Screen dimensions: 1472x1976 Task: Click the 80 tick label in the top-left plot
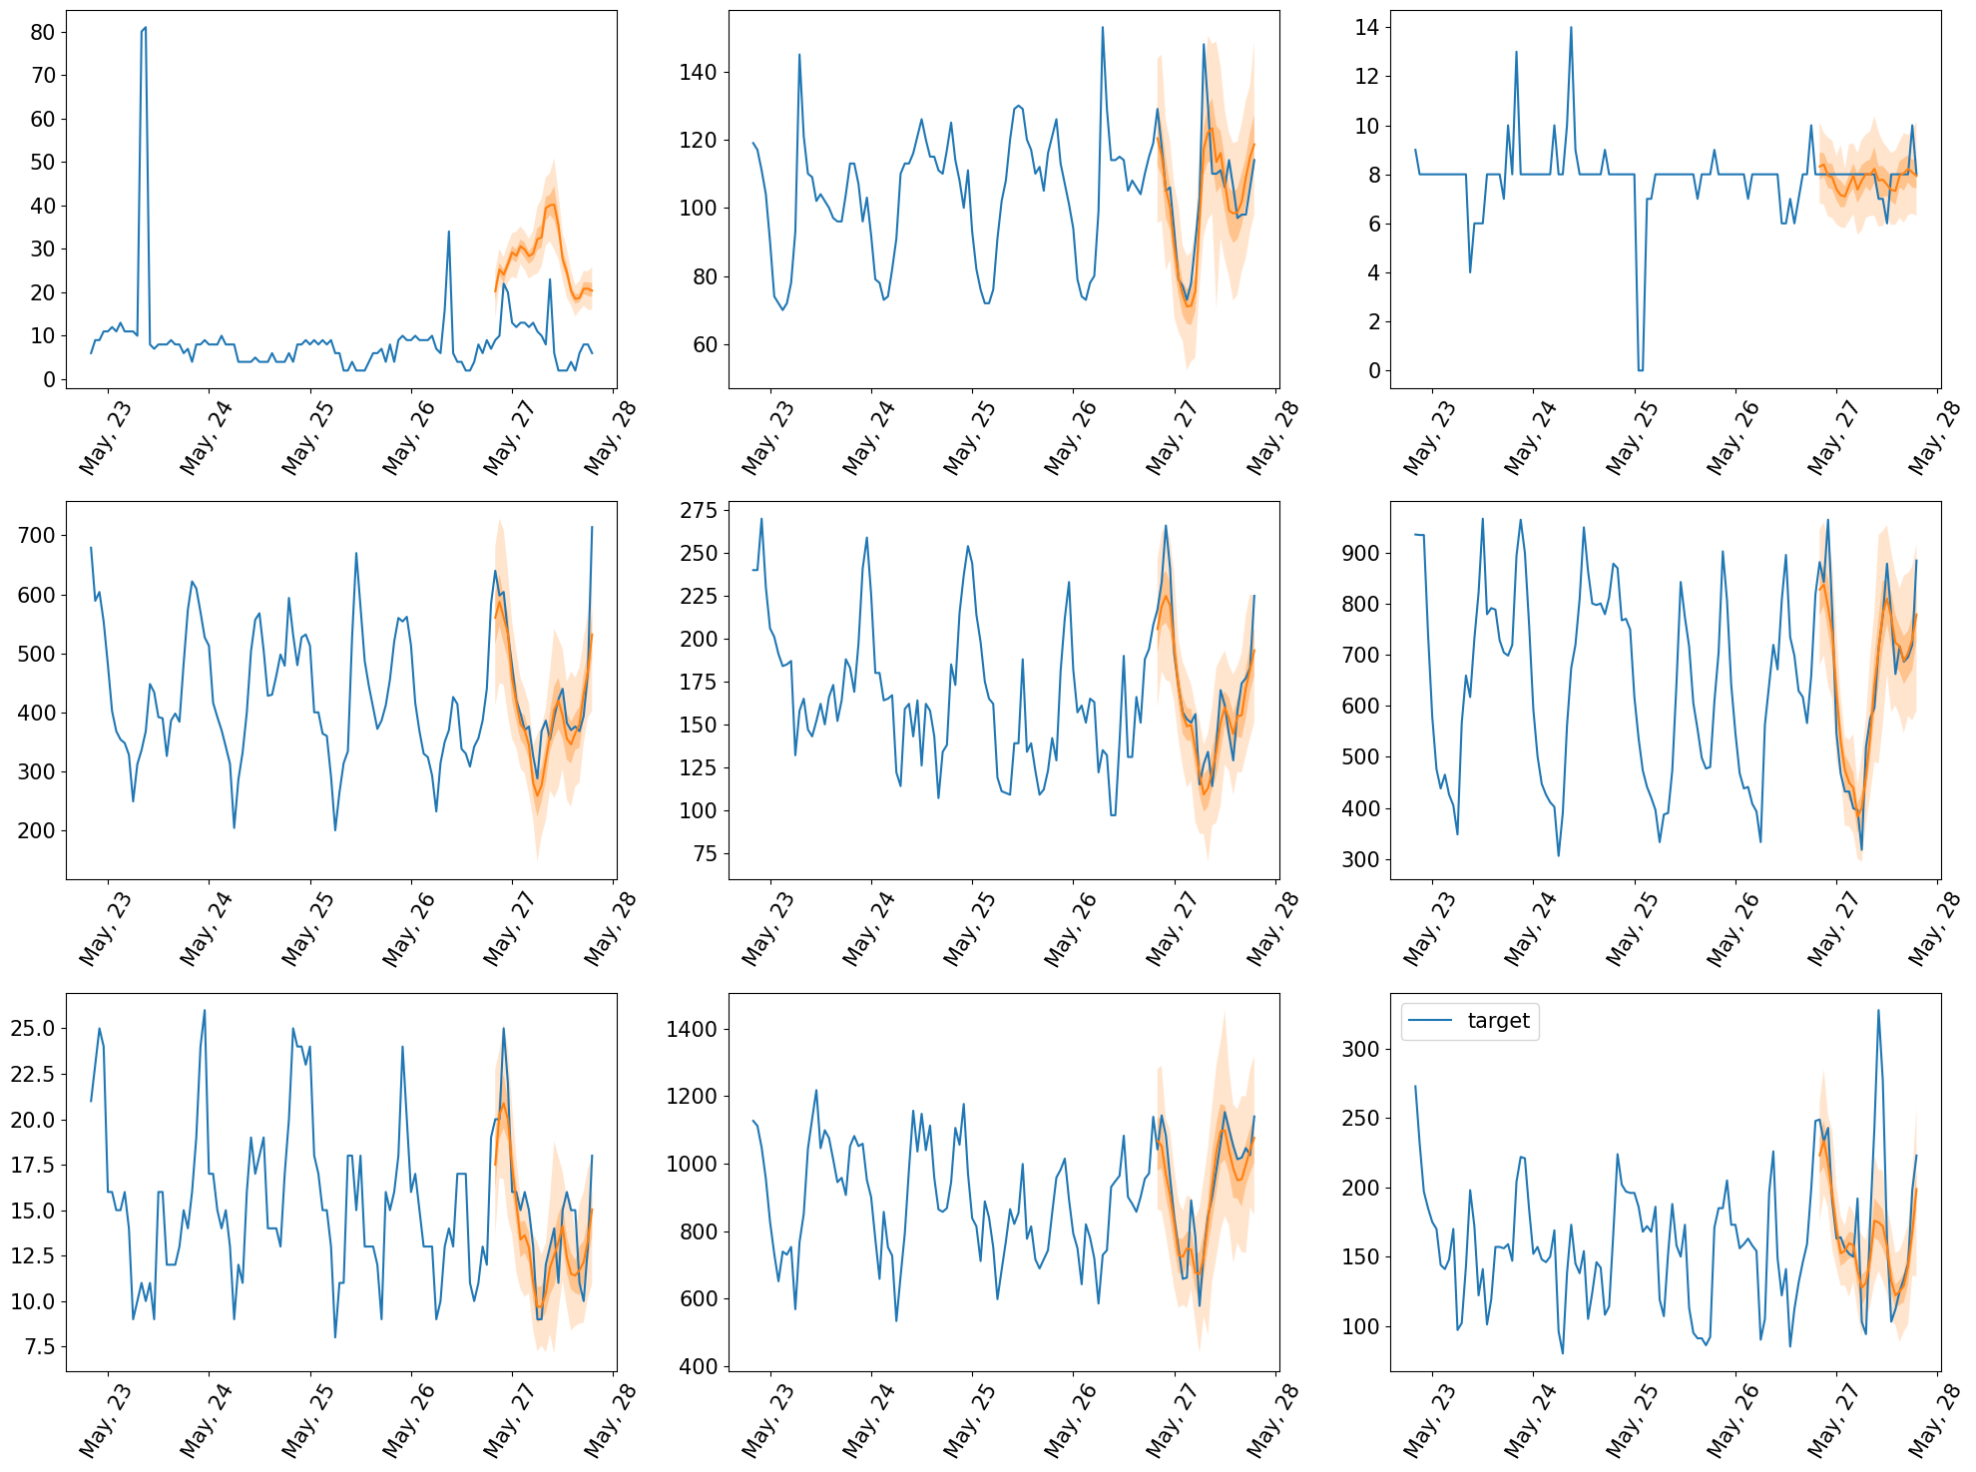tap(43, 32)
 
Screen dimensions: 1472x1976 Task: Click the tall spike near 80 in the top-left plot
tap(144, 30)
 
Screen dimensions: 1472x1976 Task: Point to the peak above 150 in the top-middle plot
tap(1103, 28)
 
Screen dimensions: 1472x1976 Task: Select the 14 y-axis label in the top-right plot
tap(1366, 27)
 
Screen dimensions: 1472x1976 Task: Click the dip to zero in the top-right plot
tap(1640, 369)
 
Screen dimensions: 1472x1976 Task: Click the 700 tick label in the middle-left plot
tap(36, 536)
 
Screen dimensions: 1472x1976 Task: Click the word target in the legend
tap(1498, 1021)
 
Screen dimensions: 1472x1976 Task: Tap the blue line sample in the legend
tap(1431, 1021)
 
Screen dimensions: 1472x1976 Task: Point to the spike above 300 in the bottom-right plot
tap(1878, 1011)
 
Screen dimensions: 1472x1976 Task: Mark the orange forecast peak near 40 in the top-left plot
tap(551, 205)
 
